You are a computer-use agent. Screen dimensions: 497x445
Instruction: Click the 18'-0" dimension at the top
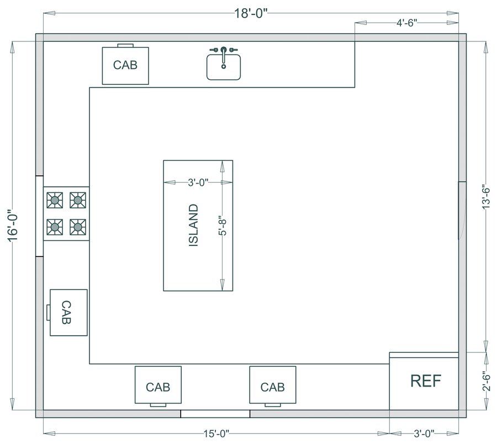pyautogui.click(x=251, y=14)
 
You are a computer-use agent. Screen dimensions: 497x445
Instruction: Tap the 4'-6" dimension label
pyautogui.click(x=406, y=23)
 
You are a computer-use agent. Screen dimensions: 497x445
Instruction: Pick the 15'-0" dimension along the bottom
pyautogui.click(x=216, y=433)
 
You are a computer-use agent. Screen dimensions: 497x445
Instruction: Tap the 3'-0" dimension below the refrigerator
pyautogui.click(x=424, y=433)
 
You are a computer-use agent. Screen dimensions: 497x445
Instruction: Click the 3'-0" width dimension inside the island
pyautogui.click(x=198, y=183)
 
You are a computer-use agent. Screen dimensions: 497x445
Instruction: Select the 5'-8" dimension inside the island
pyautogui.click(x=223, y=226)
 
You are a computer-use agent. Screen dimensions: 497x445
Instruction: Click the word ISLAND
pyautogui.click(x=193, y=226)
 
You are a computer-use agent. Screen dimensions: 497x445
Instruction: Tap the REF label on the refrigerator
pyautogui.click(x=426, y=380)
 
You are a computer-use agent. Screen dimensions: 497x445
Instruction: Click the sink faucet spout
pyautogui.click(x=224, y=55)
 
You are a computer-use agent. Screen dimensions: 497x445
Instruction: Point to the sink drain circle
pyautogui.click(x=224, y=67)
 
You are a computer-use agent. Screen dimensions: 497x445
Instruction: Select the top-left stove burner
pyautogui.click(x=55, y=200)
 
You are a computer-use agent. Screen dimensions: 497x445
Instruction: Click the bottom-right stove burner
pyautogui.click(x=78, y=227)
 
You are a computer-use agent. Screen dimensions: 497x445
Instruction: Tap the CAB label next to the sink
pyautogui.click(x=125, y=65)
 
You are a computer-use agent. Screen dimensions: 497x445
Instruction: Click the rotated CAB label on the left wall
pyautogui.click(x=66, y=313)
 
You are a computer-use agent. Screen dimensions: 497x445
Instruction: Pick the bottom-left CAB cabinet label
pyautogui.click(x=158, y=387)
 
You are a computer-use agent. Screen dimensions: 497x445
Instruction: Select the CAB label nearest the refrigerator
pyautogui.click(x=273, y=387)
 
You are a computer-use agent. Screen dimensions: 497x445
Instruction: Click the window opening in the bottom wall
pyautogui.click(x=215, y=414)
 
